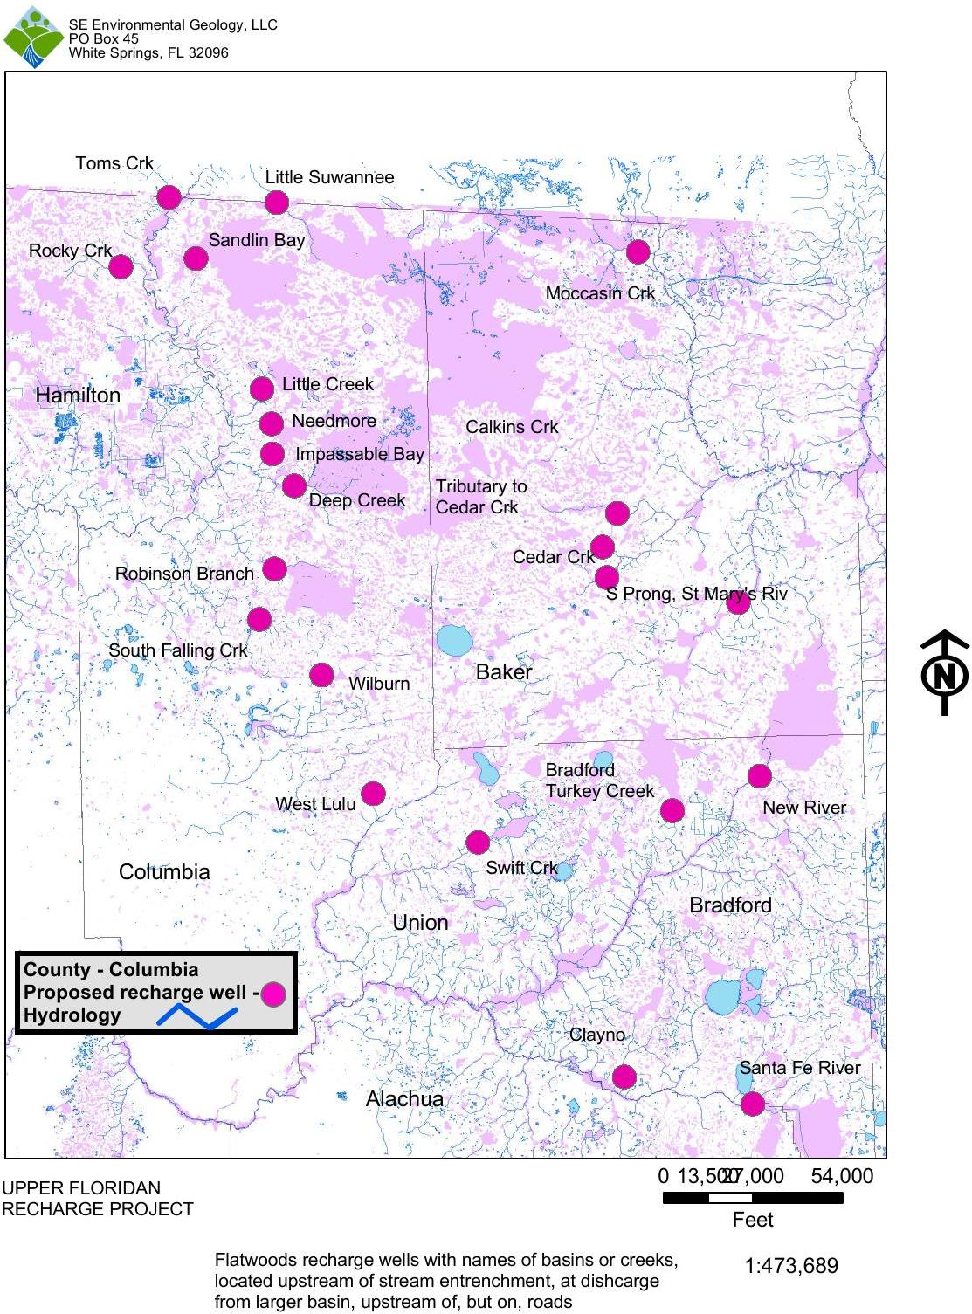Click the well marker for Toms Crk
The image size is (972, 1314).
point(169,197)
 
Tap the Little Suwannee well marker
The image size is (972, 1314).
point(276,203)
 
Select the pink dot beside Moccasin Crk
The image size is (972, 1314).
point(638,251)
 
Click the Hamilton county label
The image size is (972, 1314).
point(78,396)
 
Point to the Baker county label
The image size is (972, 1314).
point(504,672)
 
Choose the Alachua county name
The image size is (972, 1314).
point(404,1099)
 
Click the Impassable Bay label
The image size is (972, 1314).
point(360,454)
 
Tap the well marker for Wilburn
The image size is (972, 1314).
point(321,675)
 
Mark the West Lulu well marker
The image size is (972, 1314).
point(373,794)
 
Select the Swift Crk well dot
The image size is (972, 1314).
point(477,843)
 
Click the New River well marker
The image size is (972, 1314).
point(759,775)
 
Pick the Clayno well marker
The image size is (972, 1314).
point(624,1077)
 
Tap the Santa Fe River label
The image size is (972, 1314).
point(800,1068)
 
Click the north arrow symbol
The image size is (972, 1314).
point(944,674)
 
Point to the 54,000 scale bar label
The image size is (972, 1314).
point(842,1176)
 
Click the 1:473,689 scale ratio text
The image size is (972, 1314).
point(791,1265)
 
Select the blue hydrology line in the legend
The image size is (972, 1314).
point(197,1016)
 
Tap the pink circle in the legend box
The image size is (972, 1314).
point(273,994)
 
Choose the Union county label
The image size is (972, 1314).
point(421,923)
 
